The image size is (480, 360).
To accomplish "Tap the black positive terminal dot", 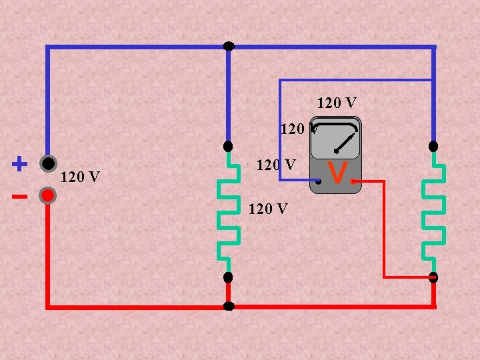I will (x=47, y=163).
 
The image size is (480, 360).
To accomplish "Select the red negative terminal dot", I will (x=47, y=195).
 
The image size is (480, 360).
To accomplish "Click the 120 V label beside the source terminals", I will (x=80, y=177).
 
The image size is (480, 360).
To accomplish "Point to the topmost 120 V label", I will (x=337, y=103).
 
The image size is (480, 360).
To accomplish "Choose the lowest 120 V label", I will (x=267, y=209).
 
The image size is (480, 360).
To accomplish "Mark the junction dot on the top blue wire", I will (x=229, y=46).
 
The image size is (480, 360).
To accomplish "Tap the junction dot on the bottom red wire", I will (x=229, y=307).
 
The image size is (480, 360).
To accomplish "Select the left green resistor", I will (x=229, y=211).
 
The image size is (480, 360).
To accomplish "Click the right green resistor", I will (x=433, y=211).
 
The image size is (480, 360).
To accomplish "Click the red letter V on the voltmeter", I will (x=338, y=174).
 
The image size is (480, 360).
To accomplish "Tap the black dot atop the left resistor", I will (x=228, y=146).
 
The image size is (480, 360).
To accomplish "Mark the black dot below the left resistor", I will (x=228, y=277).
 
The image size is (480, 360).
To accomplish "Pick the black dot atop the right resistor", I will (x=433, y=146).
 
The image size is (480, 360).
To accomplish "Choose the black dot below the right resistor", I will (x=433, y=277).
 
